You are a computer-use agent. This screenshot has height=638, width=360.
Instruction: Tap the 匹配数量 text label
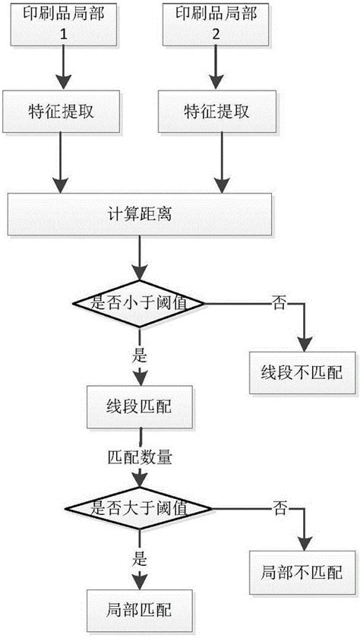[141, 458]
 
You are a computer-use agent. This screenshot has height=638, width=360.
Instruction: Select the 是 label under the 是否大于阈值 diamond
[139, 557]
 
